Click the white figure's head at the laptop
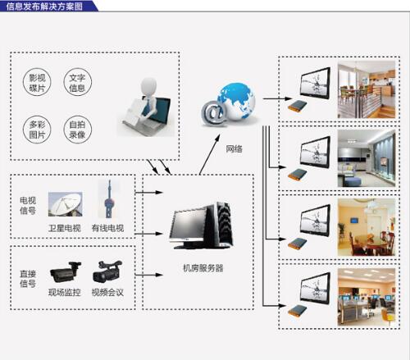148,86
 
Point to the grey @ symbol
213,113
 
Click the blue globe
236,101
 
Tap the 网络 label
234,148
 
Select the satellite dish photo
66,204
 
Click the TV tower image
109,198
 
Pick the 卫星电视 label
65,228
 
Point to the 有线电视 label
107,228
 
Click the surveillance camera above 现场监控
66,272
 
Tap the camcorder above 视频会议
107,271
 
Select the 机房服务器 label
203,268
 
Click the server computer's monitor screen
189,224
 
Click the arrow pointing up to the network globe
210,154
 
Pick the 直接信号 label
28,279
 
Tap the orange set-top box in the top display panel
298,106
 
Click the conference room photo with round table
367,227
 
